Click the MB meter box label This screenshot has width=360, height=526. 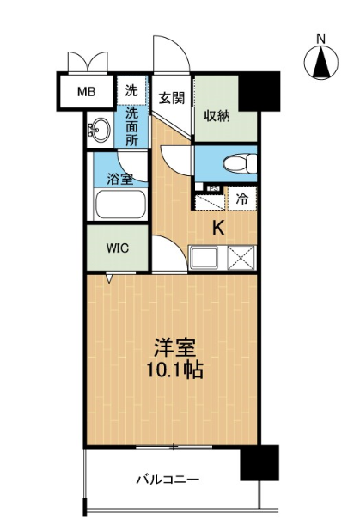(x=87, y=92)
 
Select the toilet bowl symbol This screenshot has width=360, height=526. (x=240, y=163)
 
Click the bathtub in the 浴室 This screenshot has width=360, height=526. (x=120, y=205)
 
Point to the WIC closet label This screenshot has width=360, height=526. (x=118, y=248)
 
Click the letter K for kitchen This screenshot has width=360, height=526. (x=219, y=229)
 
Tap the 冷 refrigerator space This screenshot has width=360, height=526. (x=242, y=199)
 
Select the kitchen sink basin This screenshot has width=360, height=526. (x=204, y=258)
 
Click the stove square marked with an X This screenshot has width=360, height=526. (x=241, y=258)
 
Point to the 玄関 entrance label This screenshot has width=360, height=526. (x=171, y=98)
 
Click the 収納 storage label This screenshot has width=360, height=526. (x=217, y=116)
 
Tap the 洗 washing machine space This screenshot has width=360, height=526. (x=131, y=90)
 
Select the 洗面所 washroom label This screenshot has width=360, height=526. (x=131, y=126)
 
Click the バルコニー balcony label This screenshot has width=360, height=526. (x=168, y=479)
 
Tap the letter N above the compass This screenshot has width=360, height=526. (x=321, y=39)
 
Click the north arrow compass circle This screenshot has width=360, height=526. (x=321, y=63)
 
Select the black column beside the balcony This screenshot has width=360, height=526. (x=259, y=462)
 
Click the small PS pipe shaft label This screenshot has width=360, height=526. (x=213, y=188)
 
